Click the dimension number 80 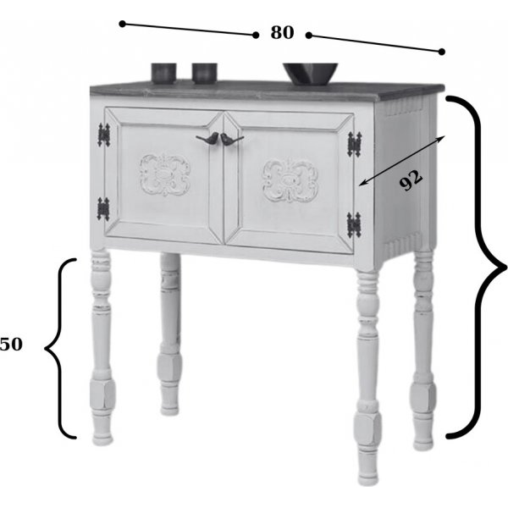tap(282, 32)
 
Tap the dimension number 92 tap(411, 180)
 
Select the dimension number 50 tap(11, 344)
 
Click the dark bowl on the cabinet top tap(311, 74)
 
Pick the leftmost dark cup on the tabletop tap(163, 73)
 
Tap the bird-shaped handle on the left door tap(207, 138)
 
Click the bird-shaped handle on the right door tap(232, 140)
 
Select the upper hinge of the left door tap(104, 135)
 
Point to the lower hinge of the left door tap(103, 209)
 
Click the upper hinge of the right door tap(355, 145)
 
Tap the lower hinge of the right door tap(354, 225)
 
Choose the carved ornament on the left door tap(165, 175)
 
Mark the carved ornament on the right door tap(290, 181)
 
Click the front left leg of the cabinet tap(102, 346)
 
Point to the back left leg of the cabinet tap(170, 334)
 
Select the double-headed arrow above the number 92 tap(401, 161)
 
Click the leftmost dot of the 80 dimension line tap(122, 24)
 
